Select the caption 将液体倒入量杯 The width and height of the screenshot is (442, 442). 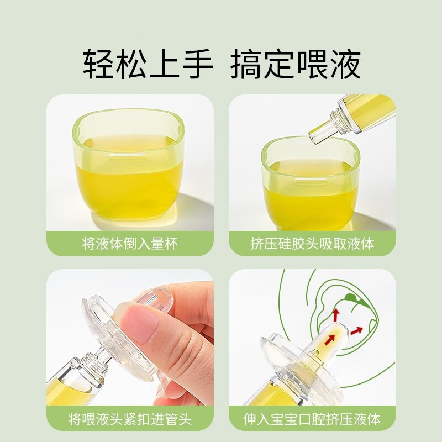click(x=130, y=244)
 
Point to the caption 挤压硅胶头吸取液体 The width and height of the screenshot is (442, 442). click(x=312, y=244)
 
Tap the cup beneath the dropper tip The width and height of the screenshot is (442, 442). click(x=309, y=185)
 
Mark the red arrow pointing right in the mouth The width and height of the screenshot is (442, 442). click(x=356, y=331)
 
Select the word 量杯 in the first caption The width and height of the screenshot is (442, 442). click(x=165, y=244)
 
